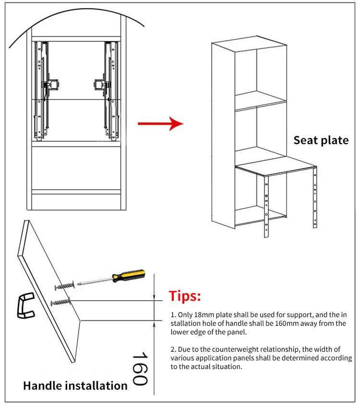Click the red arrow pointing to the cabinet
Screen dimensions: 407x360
[160, 124]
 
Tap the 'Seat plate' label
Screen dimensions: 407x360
[321, 140]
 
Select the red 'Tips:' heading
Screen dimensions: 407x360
[185, 296]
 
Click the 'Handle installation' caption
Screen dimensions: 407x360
[75, 385]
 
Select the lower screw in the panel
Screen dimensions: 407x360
[61, 303]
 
